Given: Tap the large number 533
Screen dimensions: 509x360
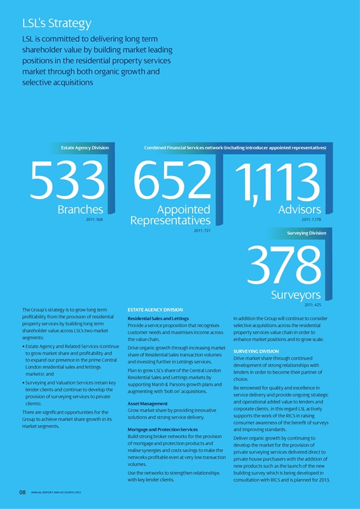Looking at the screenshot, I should pos(68,179).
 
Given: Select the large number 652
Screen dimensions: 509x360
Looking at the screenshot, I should pos(171,179).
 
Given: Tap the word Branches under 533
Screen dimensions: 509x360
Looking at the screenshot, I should pos(80,210).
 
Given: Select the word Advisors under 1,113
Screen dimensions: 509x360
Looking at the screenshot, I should pos(297,210).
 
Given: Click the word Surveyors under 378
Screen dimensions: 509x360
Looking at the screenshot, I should pos(294,295).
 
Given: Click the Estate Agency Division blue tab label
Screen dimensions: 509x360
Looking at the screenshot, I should pos(84,148).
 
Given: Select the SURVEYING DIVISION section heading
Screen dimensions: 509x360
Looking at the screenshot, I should pos(256,351).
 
